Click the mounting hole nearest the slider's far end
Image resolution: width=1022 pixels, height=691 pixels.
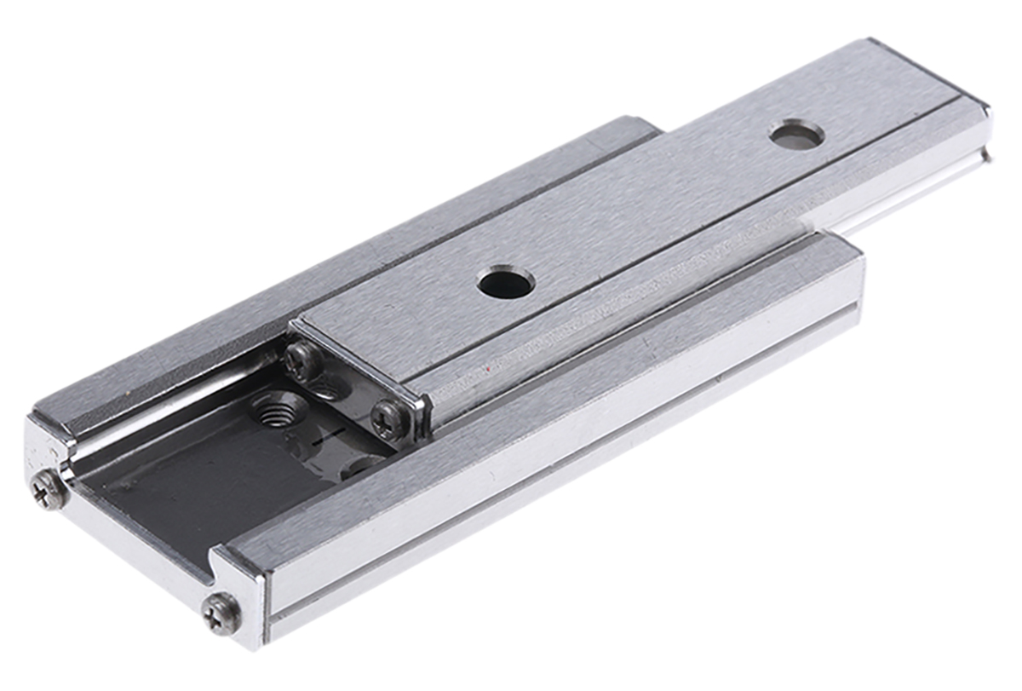click(796, 134)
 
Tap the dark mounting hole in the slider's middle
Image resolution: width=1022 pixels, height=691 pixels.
click(506, 282)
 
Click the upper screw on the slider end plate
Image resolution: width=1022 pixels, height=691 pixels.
click(305, 362)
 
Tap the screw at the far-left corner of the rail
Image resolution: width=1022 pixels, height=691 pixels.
click(49, 490)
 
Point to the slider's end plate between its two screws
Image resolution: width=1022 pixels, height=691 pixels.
click(349, 388)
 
